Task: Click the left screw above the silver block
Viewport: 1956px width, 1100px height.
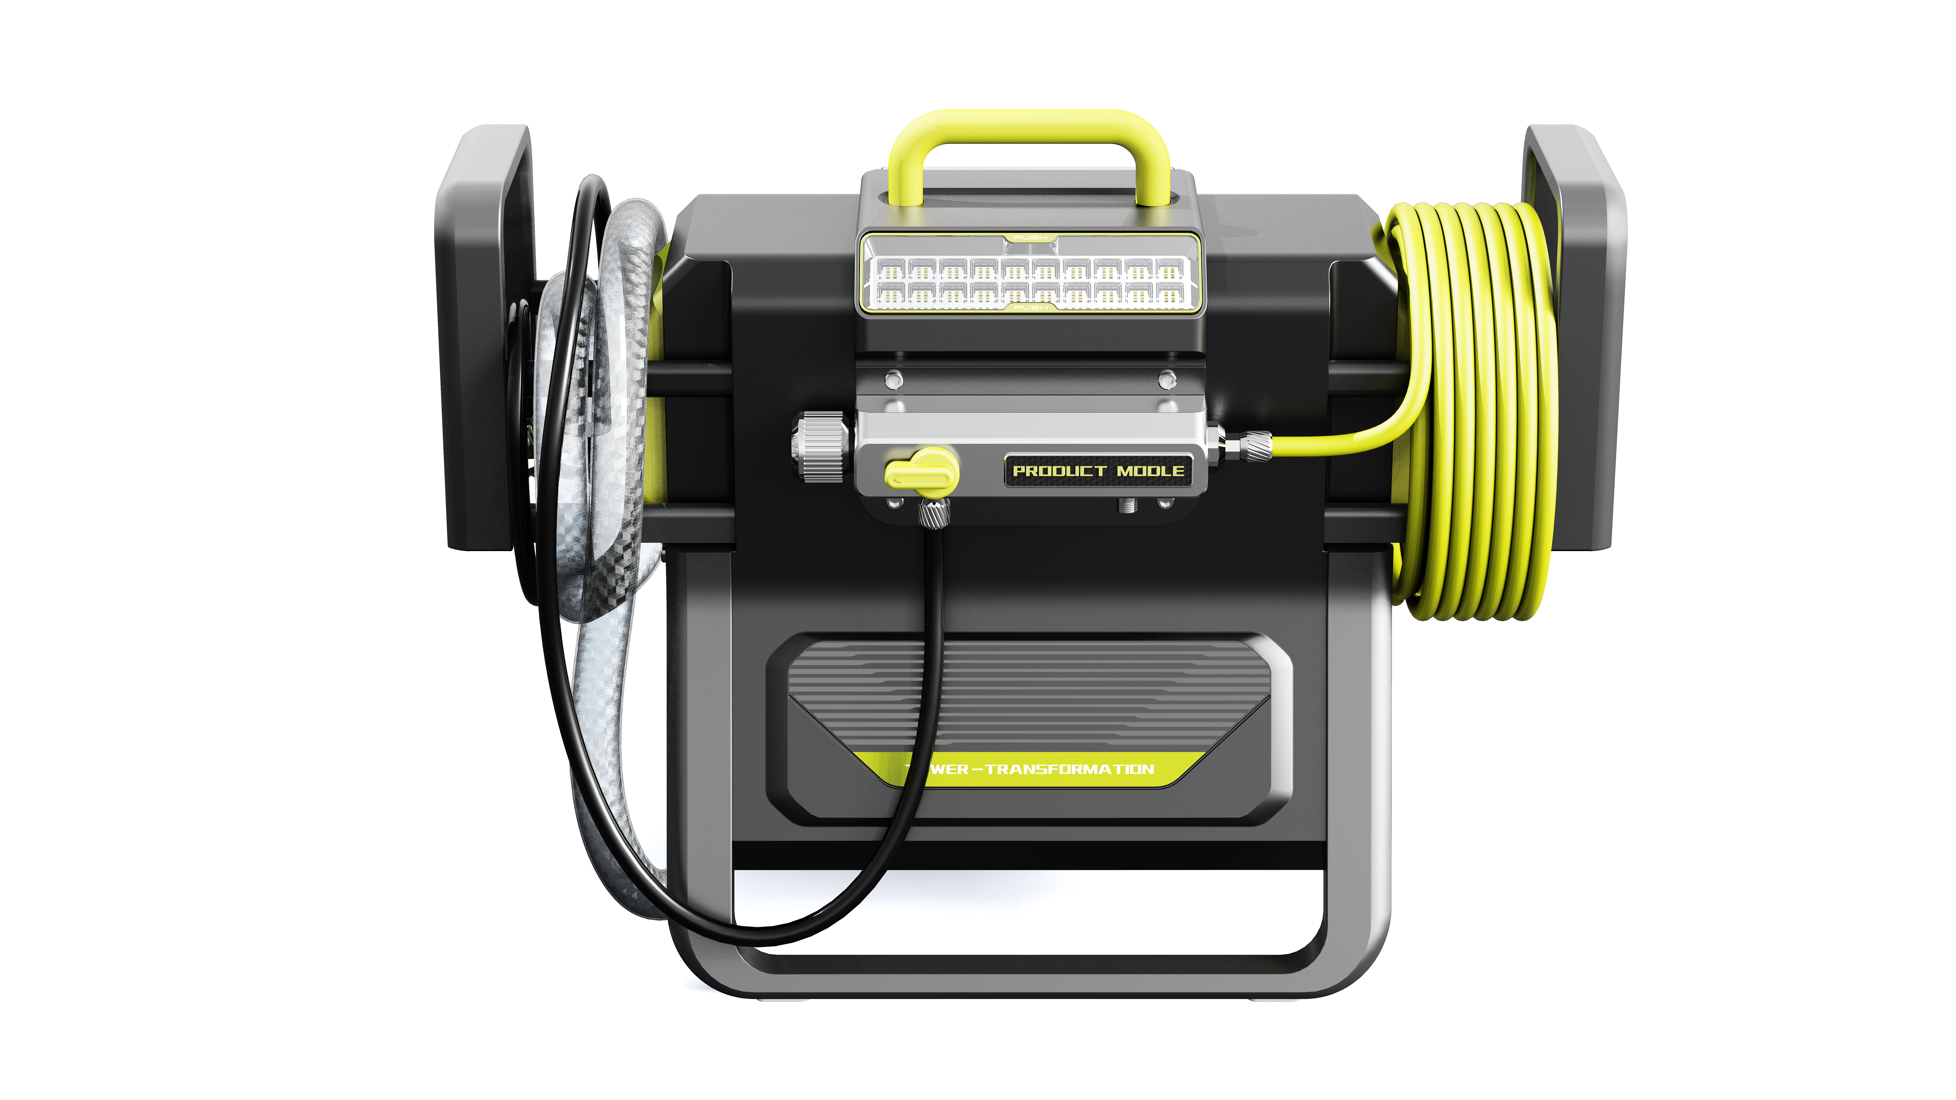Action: click(x=895, y=378)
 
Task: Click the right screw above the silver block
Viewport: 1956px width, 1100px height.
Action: click(x=1167, y=378)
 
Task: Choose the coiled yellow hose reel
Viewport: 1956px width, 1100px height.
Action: click(x=1473, y=410)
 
